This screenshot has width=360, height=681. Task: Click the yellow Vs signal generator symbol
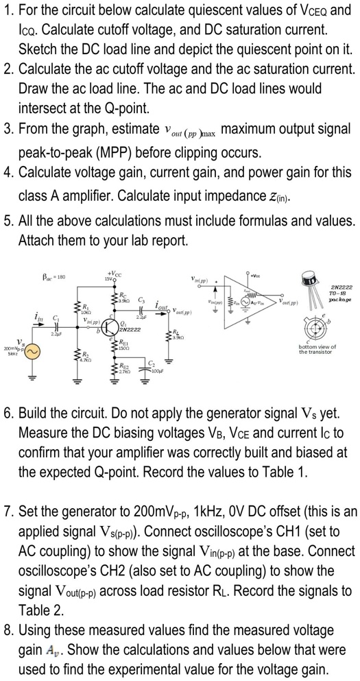pyautogui.click(x=32, y=352)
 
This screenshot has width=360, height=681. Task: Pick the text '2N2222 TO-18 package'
pyautogui.click(x=341, y=291)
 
